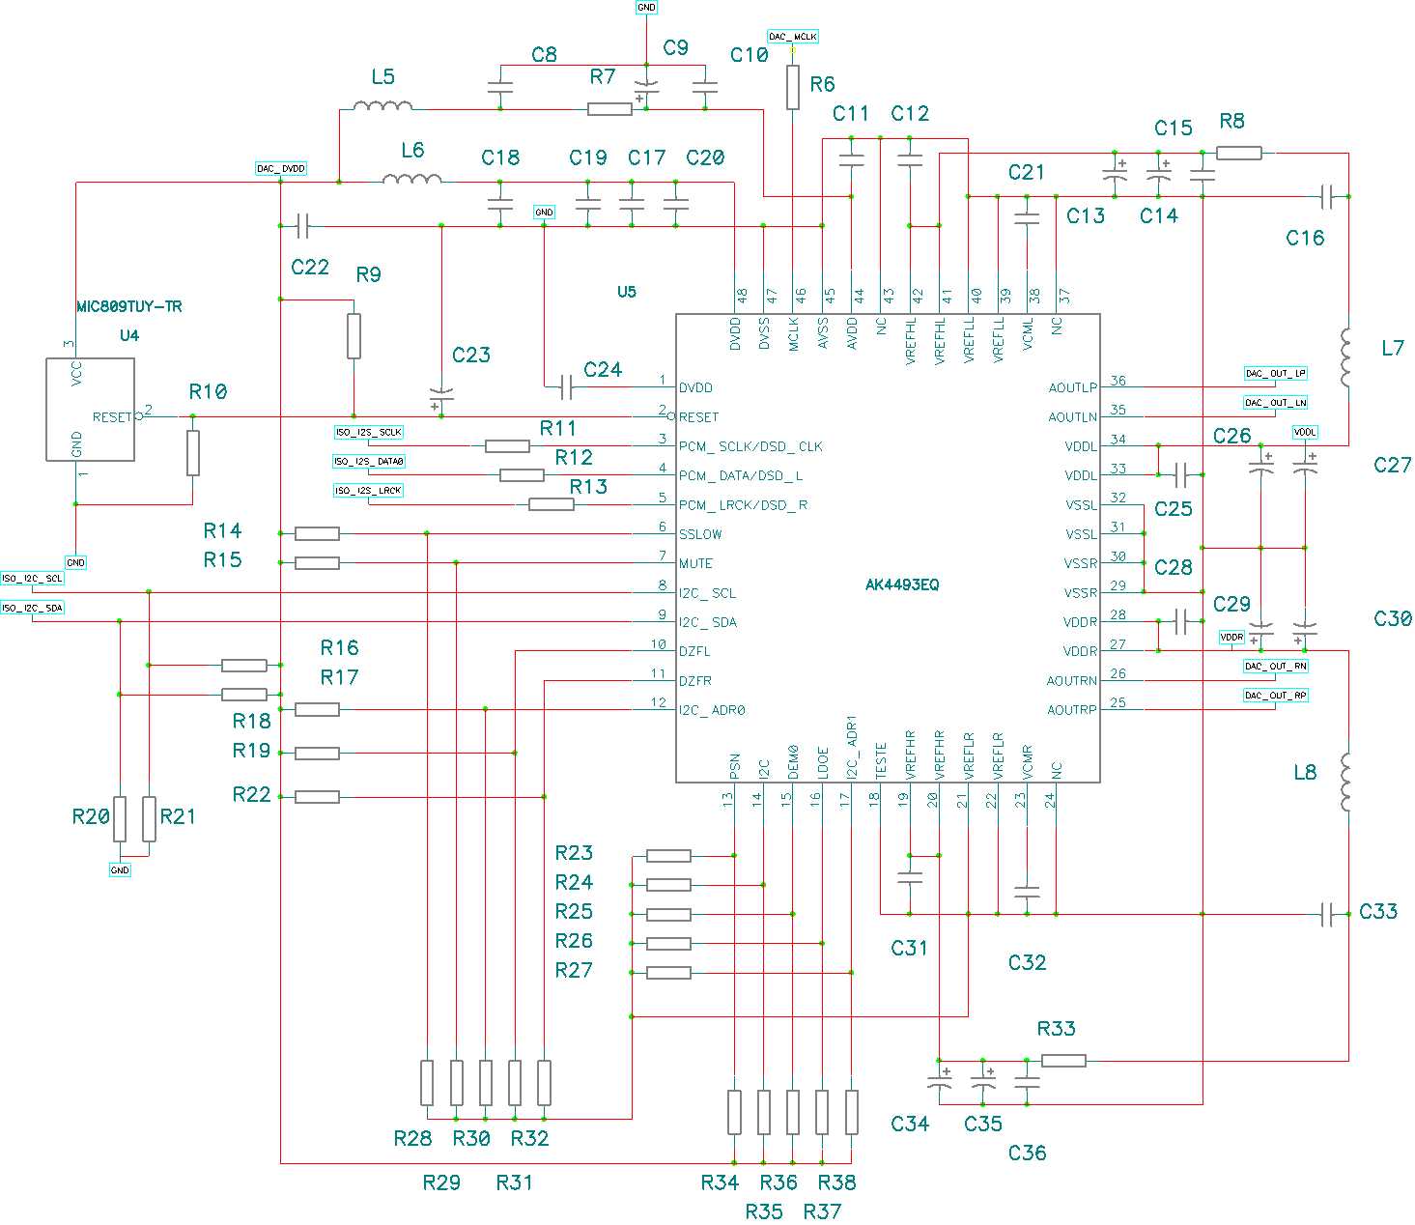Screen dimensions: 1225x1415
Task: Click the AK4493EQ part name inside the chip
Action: (902, 584)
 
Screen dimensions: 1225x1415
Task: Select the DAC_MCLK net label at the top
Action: (793, 37)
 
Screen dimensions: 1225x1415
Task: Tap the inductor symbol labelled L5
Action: (382, 106)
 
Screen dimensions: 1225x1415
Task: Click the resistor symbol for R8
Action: (1238, 153)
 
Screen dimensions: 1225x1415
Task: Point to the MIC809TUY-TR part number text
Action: (129, 306)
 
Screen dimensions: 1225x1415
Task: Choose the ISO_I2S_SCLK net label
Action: (368, 432)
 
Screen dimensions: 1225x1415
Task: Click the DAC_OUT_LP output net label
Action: (1275, 373)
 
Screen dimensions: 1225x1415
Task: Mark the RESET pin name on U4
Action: (112, 417)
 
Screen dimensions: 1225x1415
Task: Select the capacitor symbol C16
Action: (1327, 197)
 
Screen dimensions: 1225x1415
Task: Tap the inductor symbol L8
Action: (1346, 783)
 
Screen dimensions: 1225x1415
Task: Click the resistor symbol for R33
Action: (1063, 1061)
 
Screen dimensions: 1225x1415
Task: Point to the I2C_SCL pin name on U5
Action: (707, 593)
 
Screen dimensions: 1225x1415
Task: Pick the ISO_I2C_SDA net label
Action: (33, 608)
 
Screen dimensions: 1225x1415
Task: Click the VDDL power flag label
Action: (1304, 432)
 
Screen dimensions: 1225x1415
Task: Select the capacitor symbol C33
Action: (1327, 913)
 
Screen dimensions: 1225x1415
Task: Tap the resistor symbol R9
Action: (354, 335)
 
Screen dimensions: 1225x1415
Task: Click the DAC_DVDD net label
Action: (281, 168)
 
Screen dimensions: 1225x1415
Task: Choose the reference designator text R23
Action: (574, 853)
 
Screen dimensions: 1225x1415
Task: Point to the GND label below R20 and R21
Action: (120, 870)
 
